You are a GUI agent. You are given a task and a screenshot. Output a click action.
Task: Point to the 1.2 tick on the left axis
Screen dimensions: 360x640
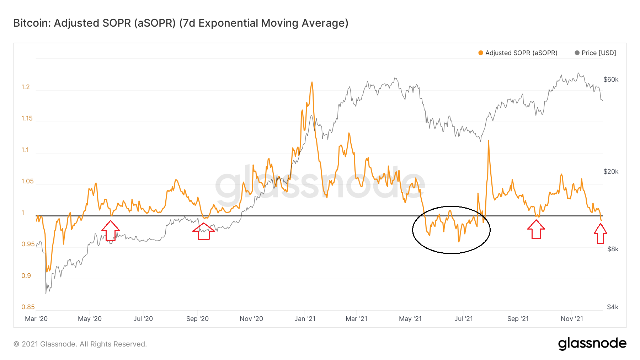26,87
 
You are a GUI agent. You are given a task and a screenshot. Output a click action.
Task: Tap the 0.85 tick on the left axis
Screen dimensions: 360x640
28,307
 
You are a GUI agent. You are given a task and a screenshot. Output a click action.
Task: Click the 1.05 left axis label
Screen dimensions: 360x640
27,181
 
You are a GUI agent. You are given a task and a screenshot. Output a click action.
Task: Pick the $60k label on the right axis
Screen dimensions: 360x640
611,80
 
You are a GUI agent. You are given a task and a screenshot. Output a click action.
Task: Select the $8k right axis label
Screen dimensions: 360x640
613,249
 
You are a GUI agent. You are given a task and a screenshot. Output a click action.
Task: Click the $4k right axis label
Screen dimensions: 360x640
613,307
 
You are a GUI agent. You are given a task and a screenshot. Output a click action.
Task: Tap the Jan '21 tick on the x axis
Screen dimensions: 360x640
305,319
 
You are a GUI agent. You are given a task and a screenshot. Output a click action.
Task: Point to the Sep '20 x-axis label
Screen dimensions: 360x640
197,319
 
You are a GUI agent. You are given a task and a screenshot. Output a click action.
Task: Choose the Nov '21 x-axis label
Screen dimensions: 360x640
572,319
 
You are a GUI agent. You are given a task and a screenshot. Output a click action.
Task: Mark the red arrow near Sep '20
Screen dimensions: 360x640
203,231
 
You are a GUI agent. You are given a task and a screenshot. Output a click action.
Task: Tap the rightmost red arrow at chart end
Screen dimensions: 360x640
600,233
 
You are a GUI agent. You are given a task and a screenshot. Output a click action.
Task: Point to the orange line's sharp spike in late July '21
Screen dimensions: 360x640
489,141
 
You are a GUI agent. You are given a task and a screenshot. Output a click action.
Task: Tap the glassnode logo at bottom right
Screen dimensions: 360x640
592,343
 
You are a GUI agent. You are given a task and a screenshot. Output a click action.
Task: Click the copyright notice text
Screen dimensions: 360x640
80,344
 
